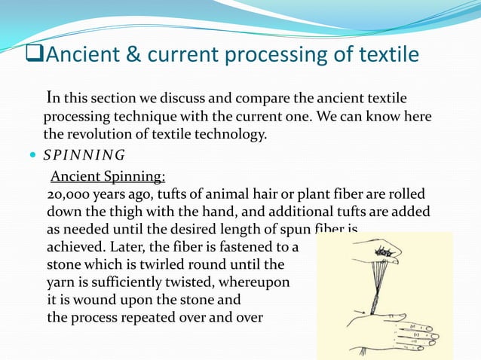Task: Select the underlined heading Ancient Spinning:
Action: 108,177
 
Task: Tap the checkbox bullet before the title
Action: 32,56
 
